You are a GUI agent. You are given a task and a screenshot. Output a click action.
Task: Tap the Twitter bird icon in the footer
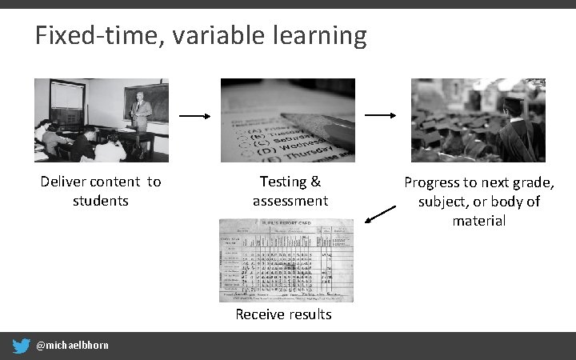(x=21, y=346)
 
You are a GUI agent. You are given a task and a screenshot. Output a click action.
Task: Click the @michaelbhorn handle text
(x=72, y=346)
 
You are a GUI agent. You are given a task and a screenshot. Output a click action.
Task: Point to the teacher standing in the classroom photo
(x=140, y=112)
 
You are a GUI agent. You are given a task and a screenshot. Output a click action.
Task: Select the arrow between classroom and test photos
(x=194, y=116)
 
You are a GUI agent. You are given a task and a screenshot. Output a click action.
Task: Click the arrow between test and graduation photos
(x=381, y=116)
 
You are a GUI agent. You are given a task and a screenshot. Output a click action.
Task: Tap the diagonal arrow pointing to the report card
(x=380, y=214)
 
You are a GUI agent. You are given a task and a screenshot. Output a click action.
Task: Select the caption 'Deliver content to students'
(x=101, y=191)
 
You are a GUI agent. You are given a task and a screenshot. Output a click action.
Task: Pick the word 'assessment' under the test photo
(x=290, y=201)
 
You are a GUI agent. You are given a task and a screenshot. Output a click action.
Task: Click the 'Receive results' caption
(x=283, y=314)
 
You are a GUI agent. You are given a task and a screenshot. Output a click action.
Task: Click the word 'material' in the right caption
(x=478, y=220)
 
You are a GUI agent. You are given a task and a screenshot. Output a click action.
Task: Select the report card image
(x=286, y=260)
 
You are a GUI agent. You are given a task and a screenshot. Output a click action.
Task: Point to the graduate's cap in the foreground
(x=512, y=104)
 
